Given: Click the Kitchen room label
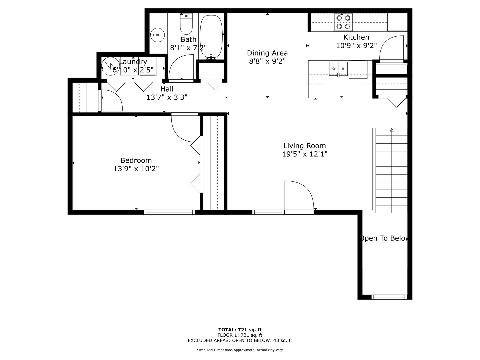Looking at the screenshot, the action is tap(356, 37).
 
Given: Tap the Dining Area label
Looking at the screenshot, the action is tap(267, 53).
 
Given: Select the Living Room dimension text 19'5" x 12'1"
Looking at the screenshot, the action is tap(305, 154).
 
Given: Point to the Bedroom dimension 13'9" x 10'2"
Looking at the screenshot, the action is tap(136, 169).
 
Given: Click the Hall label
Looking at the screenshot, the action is tap(167, 89).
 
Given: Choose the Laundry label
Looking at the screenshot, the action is tap(133, 62).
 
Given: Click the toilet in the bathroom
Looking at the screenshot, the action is tap(186, 24).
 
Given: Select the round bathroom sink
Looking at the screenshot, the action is tap(157, 35).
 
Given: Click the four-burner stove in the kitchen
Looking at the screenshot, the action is tap(343, 22).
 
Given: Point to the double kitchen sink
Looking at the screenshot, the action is tap(338, 69).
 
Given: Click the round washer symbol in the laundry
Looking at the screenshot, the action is tap(110, 66).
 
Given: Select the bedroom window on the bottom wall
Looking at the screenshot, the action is tap(169, 212).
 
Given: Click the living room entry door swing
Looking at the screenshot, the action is tap(299, 196).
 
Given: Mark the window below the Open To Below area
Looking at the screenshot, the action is tap(389, 297).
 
